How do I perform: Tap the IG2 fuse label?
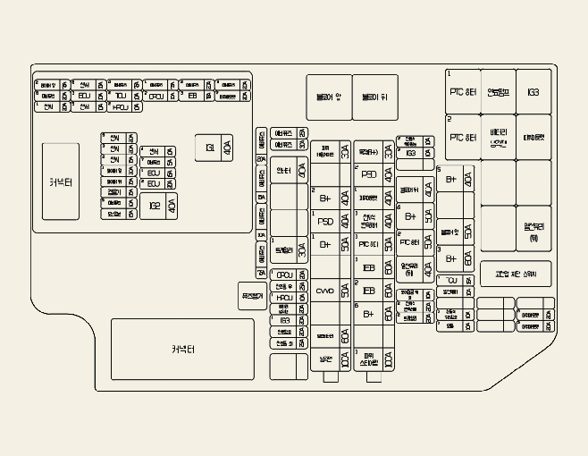[155, 205]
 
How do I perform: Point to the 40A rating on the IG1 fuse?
[227, 147]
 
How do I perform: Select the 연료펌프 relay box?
[498, 91]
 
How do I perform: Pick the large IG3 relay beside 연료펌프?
[533, 91]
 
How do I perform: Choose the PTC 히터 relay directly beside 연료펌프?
[462, 91]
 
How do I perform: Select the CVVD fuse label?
[324, 291]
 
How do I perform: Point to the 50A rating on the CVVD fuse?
[345, 291]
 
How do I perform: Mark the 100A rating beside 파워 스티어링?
[388, 360]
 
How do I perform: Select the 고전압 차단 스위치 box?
[516, 274]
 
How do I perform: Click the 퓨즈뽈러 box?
[252, 295]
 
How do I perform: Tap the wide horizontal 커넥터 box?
[170, 349]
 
